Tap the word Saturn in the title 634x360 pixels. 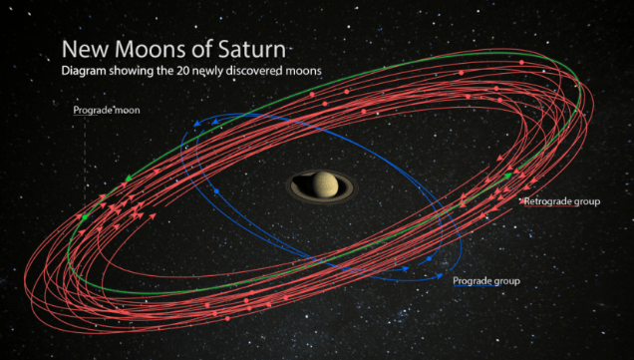pyautogui.click(x=252, y=49)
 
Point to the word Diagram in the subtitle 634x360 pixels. pyautogui.click(x=84, y=71)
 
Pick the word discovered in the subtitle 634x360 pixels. pyautogui.click(x=253, y=71)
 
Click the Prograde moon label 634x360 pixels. pyautogui.click(x=107, y=110)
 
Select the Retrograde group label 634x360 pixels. pyautogui.click(x=562, y=201)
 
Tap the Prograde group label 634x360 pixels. pyautogui.click(x=486, y=280)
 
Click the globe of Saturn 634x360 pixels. pyautogui.click(x=325, y=184)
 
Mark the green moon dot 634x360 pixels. pyautogui.click(x=85, y=217)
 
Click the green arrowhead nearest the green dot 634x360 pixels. pyautogui.click(x=129, y=178)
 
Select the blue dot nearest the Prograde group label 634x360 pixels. pyautogui.click(x=429, y=258)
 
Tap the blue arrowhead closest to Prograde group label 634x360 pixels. pyautogui.click(x=440, y=276)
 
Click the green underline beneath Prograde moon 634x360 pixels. pyautogui.click(x=86, y=116)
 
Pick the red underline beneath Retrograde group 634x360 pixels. pyautogui.click(x=550, y=206)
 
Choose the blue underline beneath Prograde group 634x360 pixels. pyautogui.click(x=477, y=286)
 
